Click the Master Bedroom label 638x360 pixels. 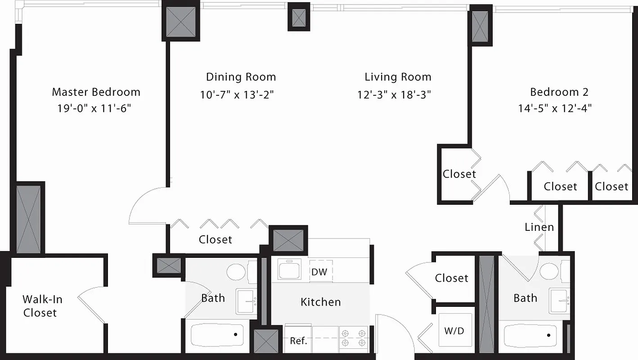96,92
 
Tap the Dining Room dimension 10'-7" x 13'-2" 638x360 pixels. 237,95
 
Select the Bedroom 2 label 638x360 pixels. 559,92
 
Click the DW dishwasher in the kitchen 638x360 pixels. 319,272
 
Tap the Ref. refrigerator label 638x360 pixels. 298,341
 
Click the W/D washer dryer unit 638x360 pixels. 454,331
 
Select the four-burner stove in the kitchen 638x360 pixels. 353,338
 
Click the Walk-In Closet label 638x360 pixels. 42,306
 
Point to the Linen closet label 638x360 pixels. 539,227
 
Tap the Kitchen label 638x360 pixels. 321,302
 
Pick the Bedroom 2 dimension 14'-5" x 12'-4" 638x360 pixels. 554,108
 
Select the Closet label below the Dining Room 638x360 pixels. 216,240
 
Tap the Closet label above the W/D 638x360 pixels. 451,279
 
